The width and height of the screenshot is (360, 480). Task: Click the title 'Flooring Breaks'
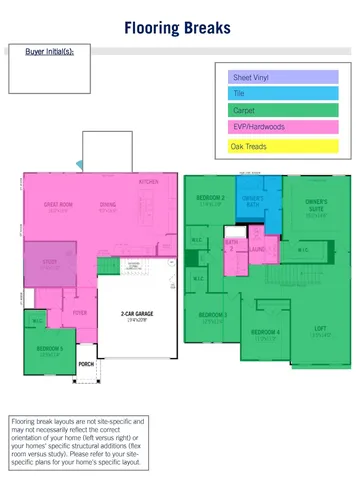coord(180,30)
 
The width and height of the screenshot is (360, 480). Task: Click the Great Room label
coord(57,205)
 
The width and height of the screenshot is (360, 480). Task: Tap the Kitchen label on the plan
coord(148,183)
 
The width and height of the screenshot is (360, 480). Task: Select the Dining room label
coord(107,205)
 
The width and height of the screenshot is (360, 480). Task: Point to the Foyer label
coord(79,312)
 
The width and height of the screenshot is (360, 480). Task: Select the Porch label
coord(86,365)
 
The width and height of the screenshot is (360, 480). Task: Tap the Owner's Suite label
coord(315,205)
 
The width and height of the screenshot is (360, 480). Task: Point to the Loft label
coord(320,329)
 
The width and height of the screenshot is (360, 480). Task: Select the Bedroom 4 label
coord(265,331)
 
